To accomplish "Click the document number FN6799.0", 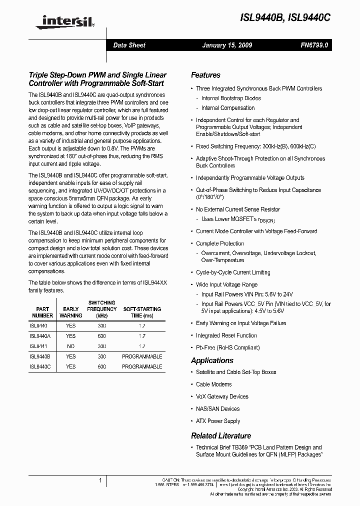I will click(314, 45).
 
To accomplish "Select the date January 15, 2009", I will click(227, 45).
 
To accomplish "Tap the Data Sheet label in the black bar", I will click(129, 45).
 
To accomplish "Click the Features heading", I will click(205, 75).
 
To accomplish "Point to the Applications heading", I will click(212, 360).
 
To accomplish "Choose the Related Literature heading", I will click(221, 435).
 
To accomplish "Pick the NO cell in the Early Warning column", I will click(71, 346).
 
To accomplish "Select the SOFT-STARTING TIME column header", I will click(142, 312).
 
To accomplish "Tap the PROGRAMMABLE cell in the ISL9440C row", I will click(142, 366).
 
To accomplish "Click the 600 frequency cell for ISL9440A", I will click(102, 336).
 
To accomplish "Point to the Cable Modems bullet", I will click(213, 384).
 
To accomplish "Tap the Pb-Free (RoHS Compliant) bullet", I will click(227, 347).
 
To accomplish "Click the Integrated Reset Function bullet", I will click(226, 335).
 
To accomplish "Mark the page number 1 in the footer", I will click(100, 480).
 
